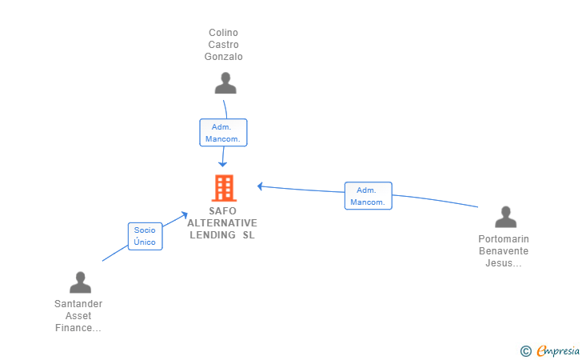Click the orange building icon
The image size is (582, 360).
[x=224, y=188]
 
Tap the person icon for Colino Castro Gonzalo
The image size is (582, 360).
[x=225, y=83]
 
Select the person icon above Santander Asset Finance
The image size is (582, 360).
[x=80, y=282]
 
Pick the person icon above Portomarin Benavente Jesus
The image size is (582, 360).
[x=505, y=217]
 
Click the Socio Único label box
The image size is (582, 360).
[x=145, y=236]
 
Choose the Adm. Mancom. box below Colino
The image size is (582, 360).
[x=223, y=133]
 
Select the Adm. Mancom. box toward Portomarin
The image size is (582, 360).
[x=368, y=196]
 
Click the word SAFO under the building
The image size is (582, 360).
[x=222, y=211]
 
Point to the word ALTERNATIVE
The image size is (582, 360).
[x=222, y=223]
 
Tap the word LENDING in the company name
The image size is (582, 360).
[x=213, y=235]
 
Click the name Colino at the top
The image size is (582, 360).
[x=223, y=33]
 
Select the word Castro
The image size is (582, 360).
[x=223, y=45]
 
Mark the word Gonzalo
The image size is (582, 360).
[x=223, y=57]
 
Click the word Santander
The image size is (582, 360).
[x=78, y=304]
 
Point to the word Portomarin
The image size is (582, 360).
[x=504, y=239]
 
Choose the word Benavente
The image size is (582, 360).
[x=504, y=251]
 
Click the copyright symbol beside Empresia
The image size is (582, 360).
[x=525, y=350]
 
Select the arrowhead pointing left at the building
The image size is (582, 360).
[x=260, y=186]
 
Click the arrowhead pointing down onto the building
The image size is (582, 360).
[x=224, y=163]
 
